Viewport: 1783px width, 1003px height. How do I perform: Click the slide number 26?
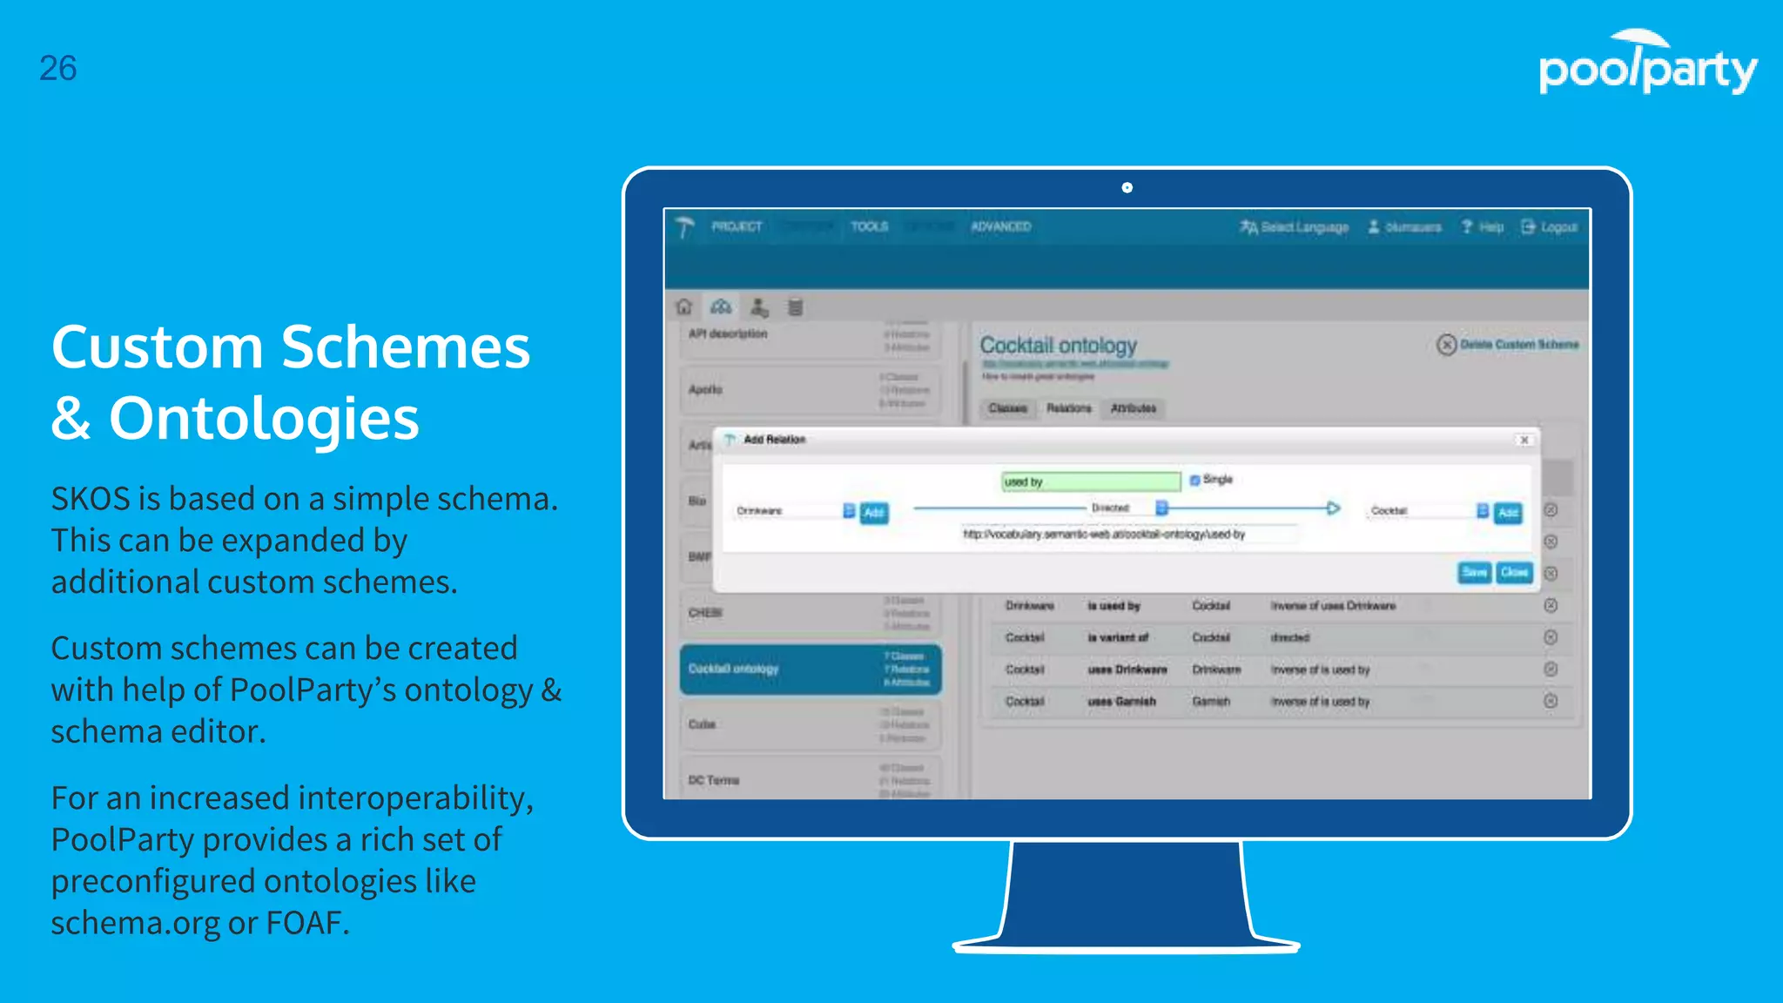57,68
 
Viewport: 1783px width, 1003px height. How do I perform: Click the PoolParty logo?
1647,64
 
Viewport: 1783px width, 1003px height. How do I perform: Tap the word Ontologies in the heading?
263,418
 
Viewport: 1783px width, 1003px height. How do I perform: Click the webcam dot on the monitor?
1127,187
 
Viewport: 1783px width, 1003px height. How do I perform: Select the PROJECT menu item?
737,226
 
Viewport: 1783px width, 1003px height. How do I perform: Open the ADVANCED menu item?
1000,226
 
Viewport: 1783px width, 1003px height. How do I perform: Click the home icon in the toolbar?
684,306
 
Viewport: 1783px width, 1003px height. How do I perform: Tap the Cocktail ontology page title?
1059,346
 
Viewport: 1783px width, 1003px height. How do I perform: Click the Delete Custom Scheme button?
1508,345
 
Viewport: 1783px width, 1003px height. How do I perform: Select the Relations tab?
1068,408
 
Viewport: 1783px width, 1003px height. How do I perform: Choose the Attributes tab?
1133,408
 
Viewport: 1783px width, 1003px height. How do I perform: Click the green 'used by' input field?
1090,481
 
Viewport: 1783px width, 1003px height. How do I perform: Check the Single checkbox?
1195,480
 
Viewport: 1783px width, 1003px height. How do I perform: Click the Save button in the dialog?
1474,572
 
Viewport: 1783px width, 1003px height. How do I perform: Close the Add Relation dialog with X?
1524,440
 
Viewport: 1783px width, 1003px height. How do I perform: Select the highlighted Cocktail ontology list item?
810,669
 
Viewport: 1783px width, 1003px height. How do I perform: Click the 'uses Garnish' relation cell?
1121,701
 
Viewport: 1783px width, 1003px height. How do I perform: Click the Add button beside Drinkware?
874,512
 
